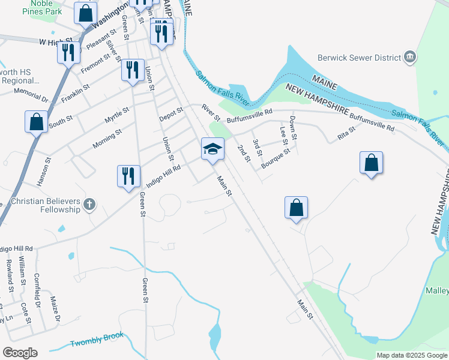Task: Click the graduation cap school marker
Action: [212, 148]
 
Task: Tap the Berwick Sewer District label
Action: [359, 58]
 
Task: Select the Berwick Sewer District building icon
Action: [411, 57]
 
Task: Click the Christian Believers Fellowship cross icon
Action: [89, 205]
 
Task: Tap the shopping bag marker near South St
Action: [37, 121]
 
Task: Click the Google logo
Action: [19, 353]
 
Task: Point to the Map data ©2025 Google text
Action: [411, 355]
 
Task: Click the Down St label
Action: [294, 128]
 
